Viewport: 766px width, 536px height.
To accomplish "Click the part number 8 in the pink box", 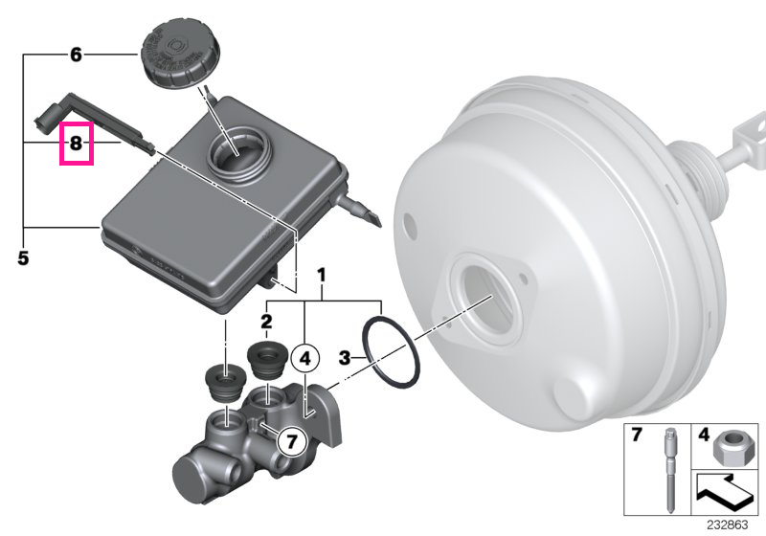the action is (x=76, y=144).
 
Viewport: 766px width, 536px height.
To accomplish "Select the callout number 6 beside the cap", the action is (x=76, y=55).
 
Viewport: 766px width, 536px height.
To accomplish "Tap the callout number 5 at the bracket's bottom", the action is (x=23, y=257).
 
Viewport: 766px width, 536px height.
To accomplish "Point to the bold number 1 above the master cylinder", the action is (x=321, y=276).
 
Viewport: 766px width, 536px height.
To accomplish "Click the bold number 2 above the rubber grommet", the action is (x=266, y=322).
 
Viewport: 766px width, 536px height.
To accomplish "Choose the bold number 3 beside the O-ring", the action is (x=345, y=358).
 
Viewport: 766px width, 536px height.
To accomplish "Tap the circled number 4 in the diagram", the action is (x=304, y=359).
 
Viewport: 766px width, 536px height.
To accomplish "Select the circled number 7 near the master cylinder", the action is (x=292, y=441).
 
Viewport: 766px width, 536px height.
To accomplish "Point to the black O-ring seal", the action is (x=391, y=353).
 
